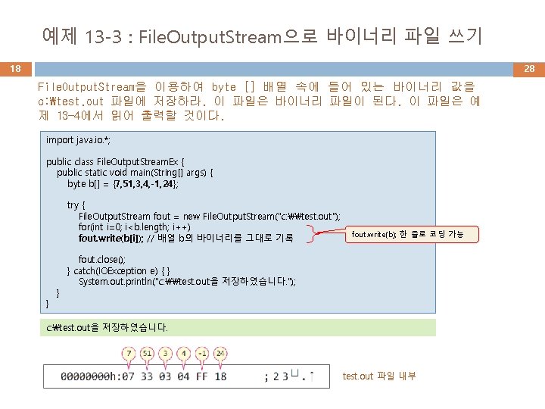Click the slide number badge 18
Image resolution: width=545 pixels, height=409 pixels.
pyautogui.click(x=15, y=69)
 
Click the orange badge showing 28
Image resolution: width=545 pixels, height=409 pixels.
pyautogui.click(x=529, y=69)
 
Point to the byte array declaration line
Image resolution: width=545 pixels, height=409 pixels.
pyautogui.click(x=123, y=183)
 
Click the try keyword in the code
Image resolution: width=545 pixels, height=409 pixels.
pyautogui.click(x=76, y=205)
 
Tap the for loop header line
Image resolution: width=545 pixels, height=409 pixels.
pyautogui.click(x=134, y=227)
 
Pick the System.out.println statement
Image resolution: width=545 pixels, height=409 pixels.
pyautogui.click(x=187, y=281)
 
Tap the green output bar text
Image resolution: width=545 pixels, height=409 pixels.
pyautogui.click(x=107, y=328)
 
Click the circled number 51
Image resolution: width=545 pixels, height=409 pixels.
pyautogui.click(x=147, y=354)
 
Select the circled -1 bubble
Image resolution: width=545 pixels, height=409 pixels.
pyautogui.click(x=202, y=354)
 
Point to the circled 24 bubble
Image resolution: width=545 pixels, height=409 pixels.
pyautogui.click(x=220, y=354)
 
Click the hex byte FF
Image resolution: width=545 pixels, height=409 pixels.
pyautogui.click(x=201, y=376)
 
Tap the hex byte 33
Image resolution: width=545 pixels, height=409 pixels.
pyautogui.click(x=145, y=376)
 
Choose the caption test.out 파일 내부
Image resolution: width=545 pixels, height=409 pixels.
pyautogui.click(x=379, y=376)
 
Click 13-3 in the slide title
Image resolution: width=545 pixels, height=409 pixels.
pyautogui.click(x=102, y=36)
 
